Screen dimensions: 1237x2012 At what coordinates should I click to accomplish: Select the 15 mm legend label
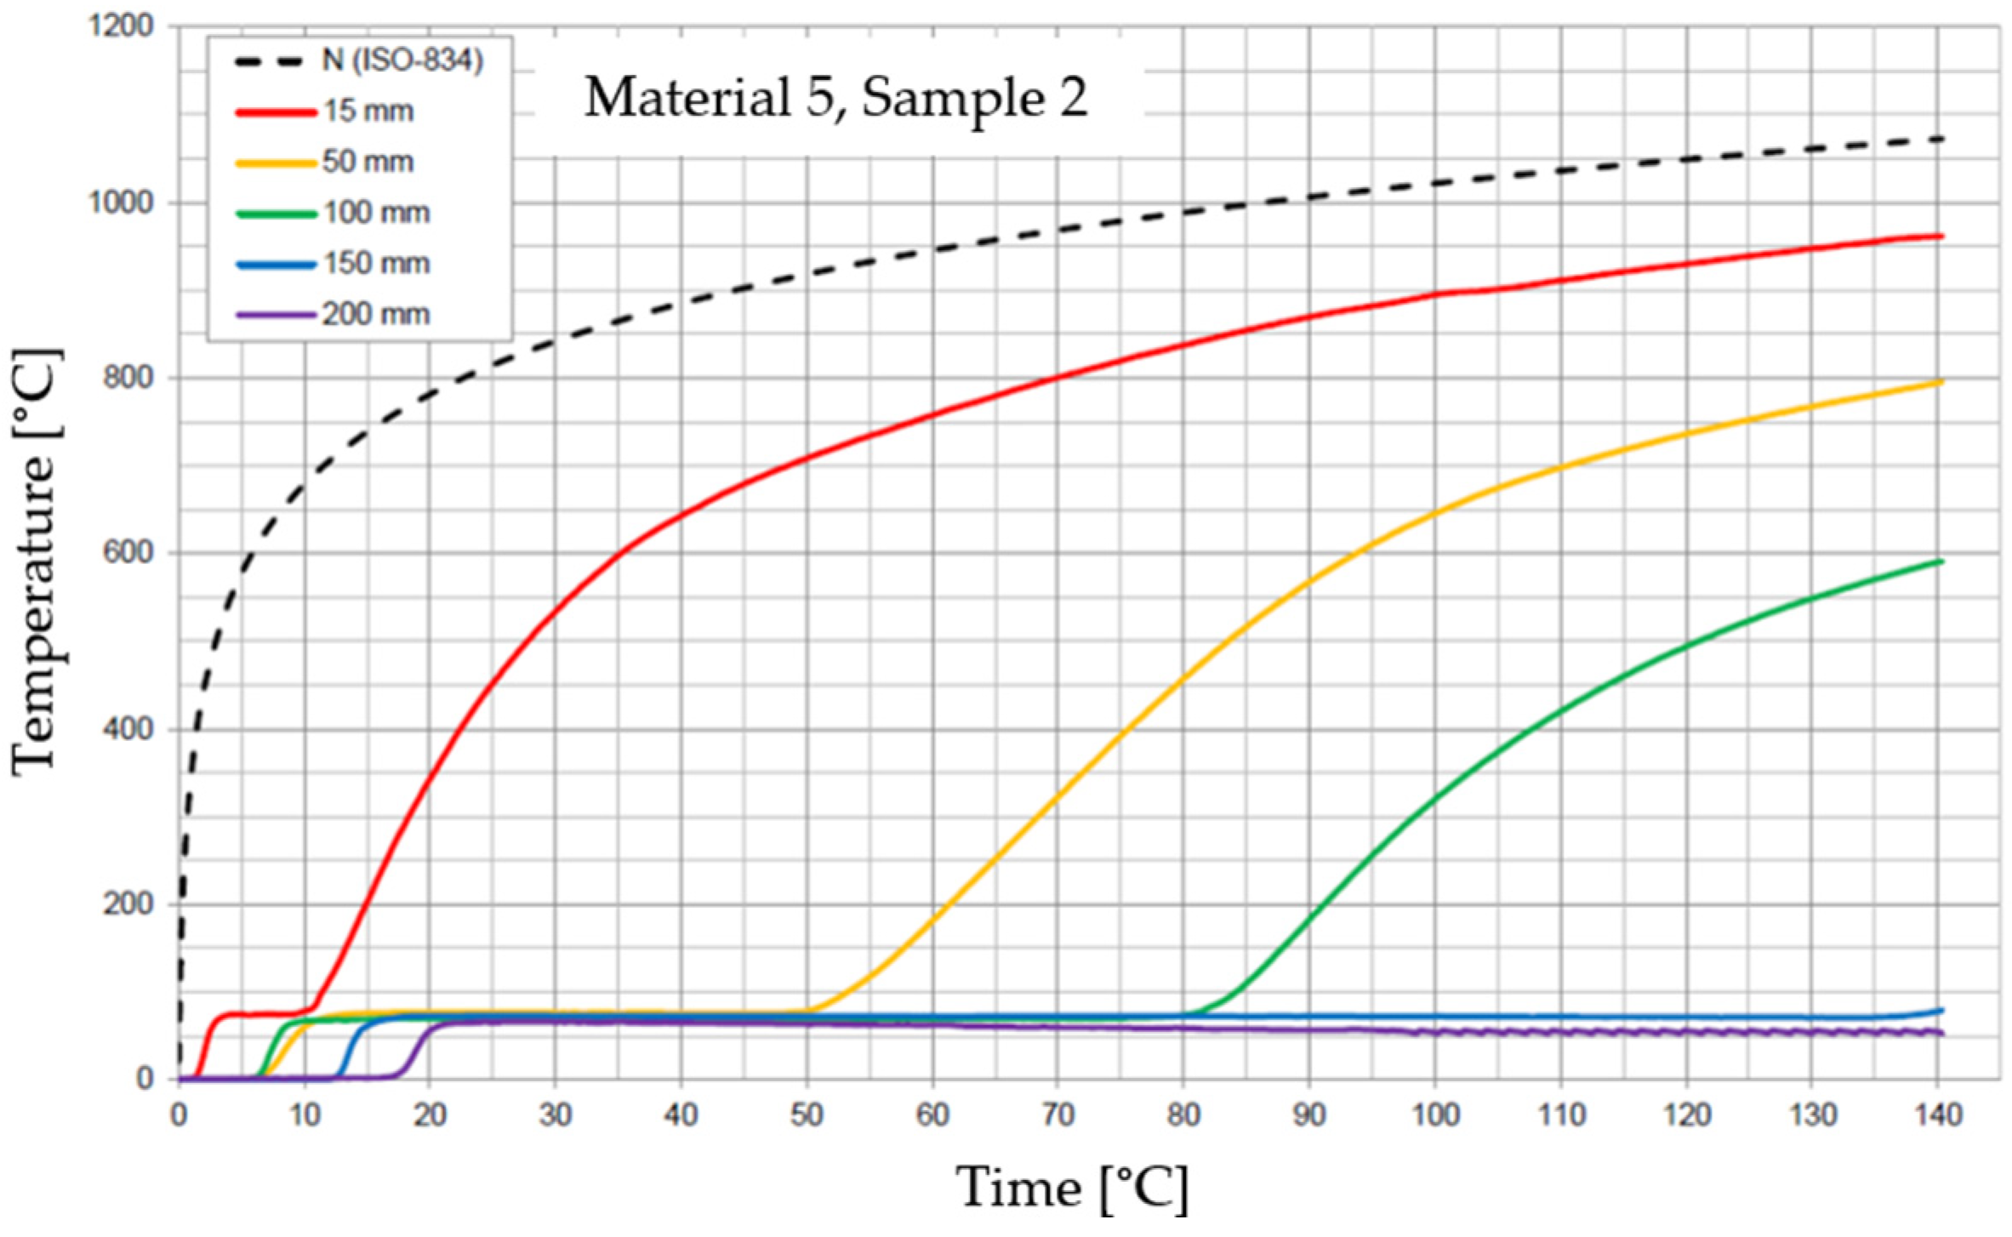pos(368,111)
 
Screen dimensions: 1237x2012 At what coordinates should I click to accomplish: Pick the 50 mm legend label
pos(368,162)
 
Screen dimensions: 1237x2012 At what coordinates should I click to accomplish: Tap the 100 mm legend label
pos(375,212)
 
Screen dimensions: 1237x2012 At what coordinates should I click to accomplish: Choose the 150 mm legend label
pos(375,263)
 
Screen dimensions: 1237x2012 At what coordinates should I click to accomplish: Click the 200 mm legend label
pos(375,314)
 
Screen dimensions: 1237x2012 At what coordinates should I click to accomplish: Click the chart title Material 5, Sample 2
pos(835,98)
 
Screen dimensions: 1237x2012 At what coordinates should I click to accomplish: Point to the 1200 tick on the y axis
pos(122,26)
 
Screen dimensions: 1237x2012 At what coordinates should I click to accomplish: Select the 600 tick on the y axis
pos(128,553)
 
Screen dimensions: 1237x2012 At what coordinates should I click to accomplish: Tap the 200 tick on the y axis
pos(128,904)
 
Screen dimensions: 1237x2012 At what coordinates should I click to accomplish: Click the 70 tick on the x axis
pos(1057,1114)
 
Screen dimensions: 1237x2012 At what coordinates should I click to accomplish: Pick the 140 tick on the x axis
pos(1937,1114)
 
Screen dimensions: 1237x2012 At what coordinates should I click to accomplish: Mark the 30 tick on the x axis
pos(555,1114)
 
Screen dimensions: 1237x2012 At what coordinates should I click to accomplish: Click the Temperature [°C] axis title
pos(37,561)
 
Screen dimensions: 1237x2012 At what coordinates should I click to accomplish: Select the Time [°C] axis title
pos(1072,1188)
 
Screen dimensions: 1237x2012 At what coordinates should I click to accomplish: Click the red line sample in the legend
pos(274,111)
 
